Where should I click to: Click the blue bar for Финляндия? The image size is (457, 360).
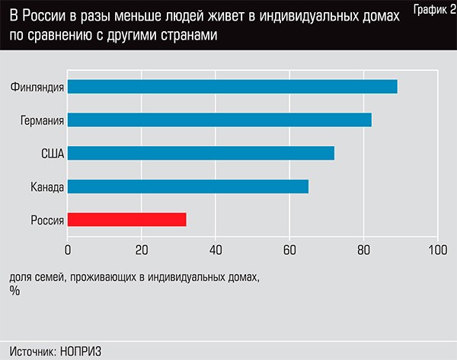(232, 86)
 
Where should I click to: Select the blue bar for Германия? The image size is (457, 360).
(219, 119)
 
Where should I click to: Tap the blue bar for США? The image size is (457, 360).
(201, 153)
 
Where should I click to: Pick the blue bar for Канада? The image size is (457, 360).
(188, 186)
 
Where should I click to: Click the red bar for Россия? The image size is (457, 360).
(126, 220)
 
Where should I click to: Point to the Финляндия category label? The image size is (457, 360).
(37, 86)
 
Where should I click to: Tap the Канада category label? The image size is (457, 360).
(46, 186)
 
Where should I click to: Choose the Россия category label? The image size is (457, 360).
(46, 220)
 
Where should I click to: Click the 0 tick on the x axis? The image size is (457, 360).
(68, 249)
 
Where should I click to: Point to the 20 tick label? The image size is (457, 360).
(142, 249)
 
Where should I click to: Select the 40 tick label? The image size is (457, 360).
(216, 249)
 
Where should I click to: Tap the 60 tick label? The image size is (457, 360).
(289, 249)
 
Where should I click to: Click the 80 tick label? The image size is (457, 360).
(363, 249)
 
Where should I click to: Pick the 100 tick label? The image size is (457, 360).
(437, 249)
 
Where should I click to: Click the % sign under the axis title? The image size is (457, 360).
(14, 290)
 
